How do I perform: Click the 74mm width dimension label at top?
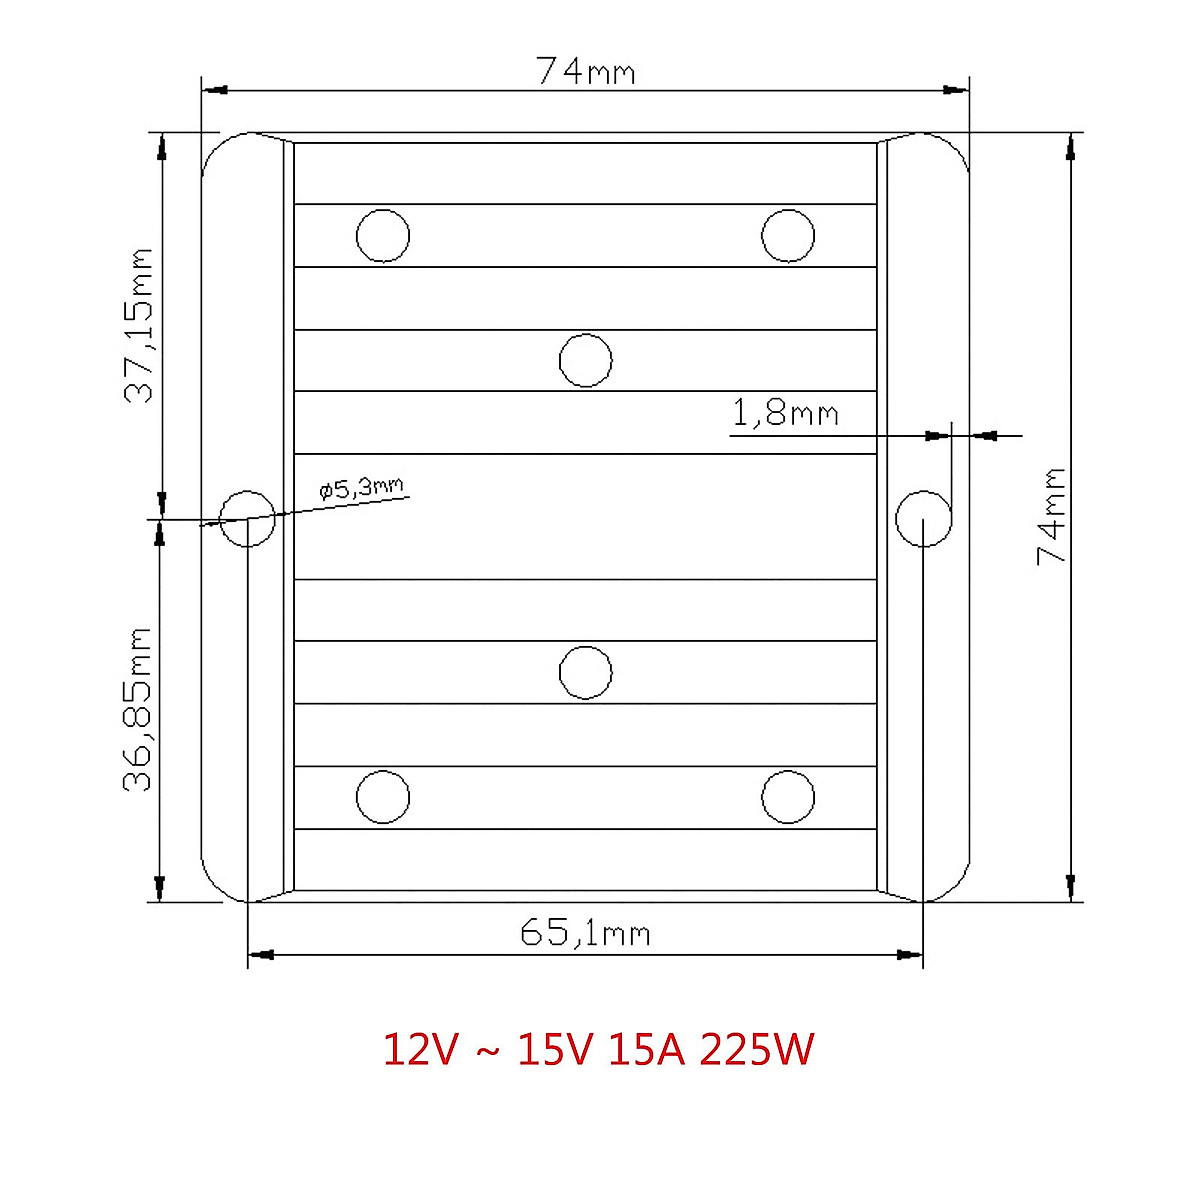[585, 71]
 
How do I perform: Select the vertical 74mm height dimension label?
[1051, 516]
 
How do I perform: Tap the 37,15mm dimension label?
[138, 326]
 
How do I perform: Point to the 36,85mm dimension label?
[137, 709]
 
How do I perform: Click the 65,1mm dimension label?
[585, 933]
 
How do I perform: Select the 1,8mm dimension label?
[785, 413]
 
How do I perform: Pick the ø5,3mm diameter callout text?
[361, 488]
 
